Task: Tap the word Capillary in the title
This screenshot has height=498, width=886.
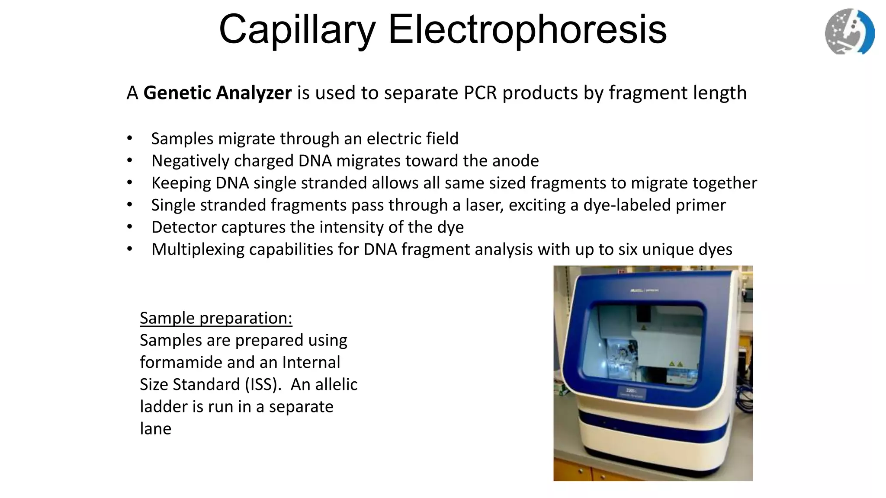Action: coord(297,29)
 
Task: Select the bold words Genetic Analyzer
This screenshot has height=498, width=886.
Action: coord(217,93)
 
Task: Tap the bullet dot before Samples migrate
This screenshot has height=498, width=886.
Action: coord(130,139)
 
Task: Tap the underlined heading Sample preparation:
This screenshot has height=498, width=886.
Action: coord(216,318)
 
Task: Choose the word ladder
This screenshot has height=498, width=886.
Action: coord(164,406)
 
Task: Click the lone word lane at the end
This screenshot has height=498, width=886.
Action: coord(155,429)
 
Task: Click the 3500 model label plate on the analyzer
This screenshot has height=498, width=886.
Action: coord(630,393)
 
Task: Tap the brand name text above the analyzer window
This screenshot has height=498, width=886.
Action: coord(645,290)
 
